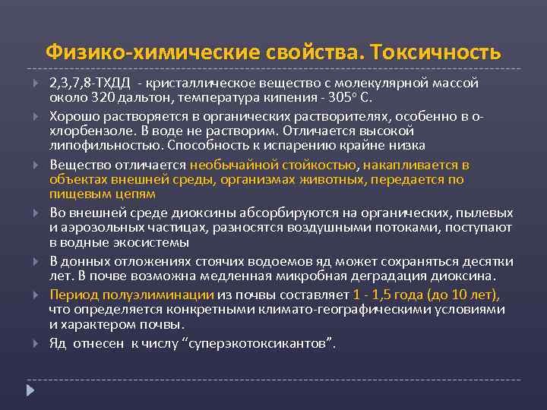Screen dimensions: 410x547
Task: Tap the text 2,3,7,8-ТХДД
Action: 85,82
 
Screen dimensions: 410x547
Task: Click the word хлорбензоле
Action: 83,130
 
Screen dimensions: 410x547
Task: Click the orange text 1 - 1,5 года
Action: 386,294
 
